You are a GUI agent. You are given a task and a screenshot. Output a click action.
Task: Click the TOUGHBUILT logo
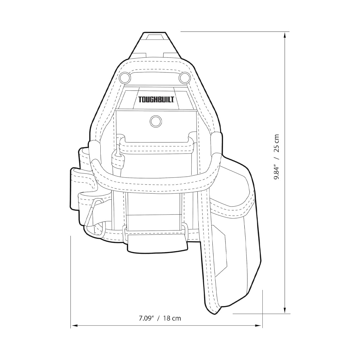click(157, 100)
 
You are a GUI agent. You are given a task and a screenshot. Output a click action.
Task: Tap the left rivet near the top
click(124, 77)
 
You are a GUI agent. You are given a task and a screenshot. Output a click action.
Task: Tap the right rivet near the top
click(184, 77)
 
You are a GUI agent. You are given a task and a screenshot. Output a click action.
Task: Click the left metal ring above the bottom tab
click(125, 232)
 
